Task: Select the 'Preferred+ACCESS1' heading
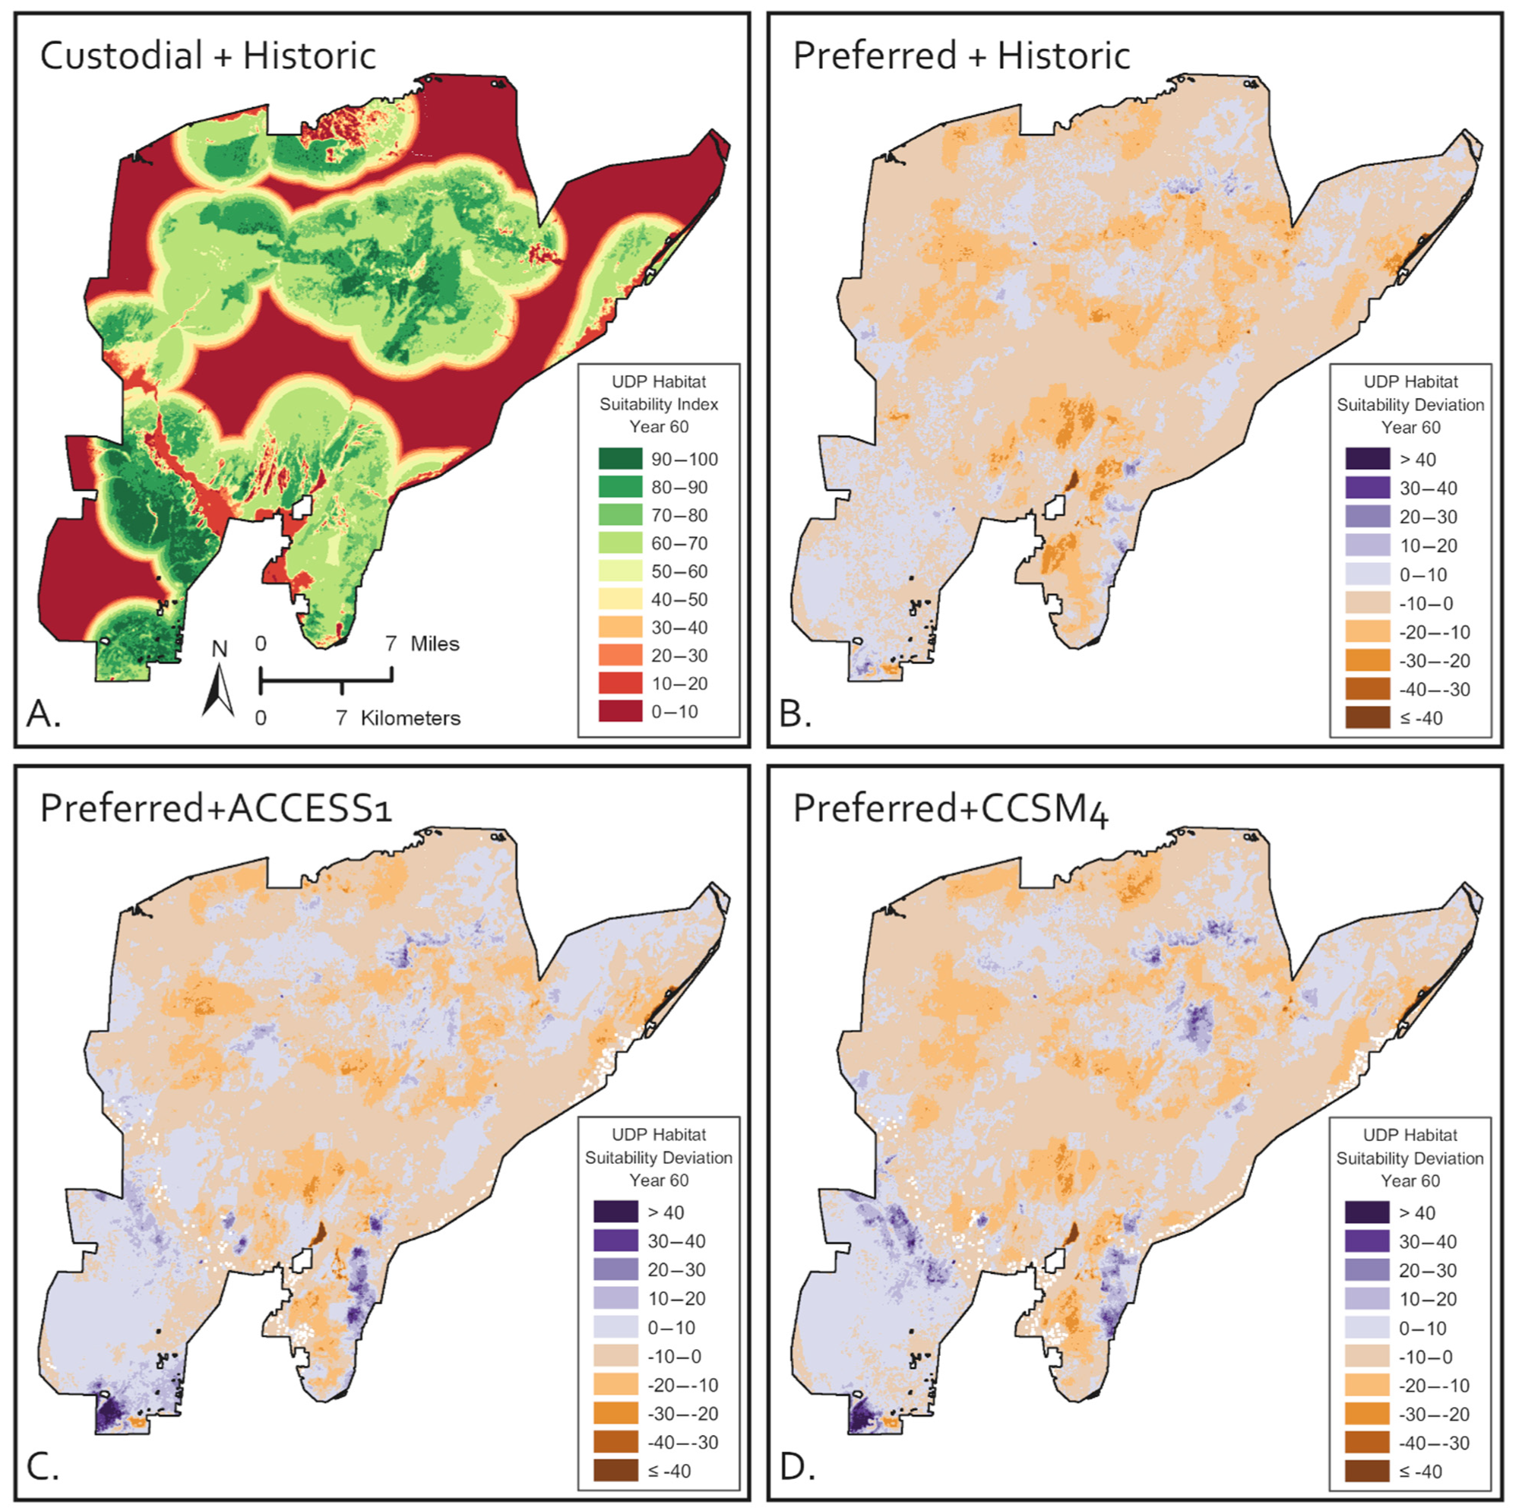click(x=216, y=809)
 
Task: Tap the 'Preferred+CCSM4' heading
click(x=951, y=809)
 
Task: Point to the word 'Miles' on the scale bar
click(x=434, y=644)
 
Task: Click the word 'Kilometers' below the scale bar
click(x=410, y=718)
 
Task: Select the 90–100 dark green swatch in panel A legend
click(x=619, y=459)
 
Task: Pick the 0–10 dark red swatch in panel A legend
click(x=619, y=712)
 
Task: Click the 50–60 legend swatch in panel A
click(x=619, y=571)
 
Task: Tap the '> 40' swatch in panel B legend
click(x=1367, y=459)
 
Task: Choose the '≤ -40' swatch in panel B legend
click(x=1367, y=718)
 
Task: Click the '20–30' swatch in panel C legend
click(x=616, y=1269)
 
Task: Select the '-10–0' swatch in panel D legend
click(x=1367, y=1357)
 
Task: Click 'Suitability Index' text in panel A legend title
click(x=658, y=404)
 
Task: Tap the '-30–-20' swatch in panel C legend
click(x=616, y=1414)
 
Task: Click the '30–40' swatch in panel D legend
click(x=1367, y=1241)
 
